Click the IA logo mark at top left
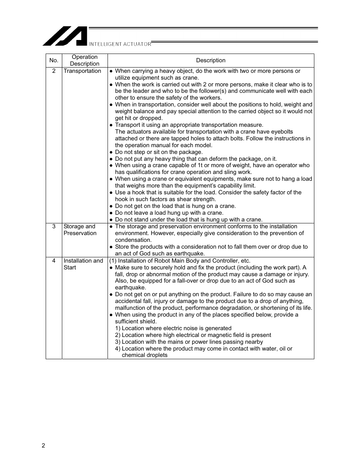pos(65,36)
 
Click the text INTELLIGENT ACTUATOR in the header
pos(120,44)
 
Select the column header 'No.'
pos(54,60)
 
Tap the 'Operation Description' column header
pos(85,60)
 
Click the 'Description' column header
pos(211,60)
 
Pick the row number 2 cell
pos(54,71)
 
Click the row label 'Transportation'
pos(82,71)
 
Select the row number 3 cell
pos(54,226)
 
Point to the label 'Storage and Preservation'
pos(80,230)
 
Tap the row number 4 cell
pos(54,261)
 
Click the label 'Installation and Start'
pos(83,264)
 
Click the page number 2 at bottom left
pos(43,446)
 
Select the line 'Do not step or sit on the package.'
pos(158,152)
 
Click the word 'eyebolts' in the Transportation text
pos(282,132)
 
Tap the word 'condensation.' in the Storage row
pos(133,240)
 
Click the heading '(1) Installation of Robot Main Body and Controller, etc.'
pos(180,261)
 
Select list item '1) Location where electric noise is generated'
pos(173,328)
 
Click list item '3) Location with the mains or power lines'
pos(189,342)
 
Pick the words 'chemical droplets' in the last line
pos(145,355)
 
